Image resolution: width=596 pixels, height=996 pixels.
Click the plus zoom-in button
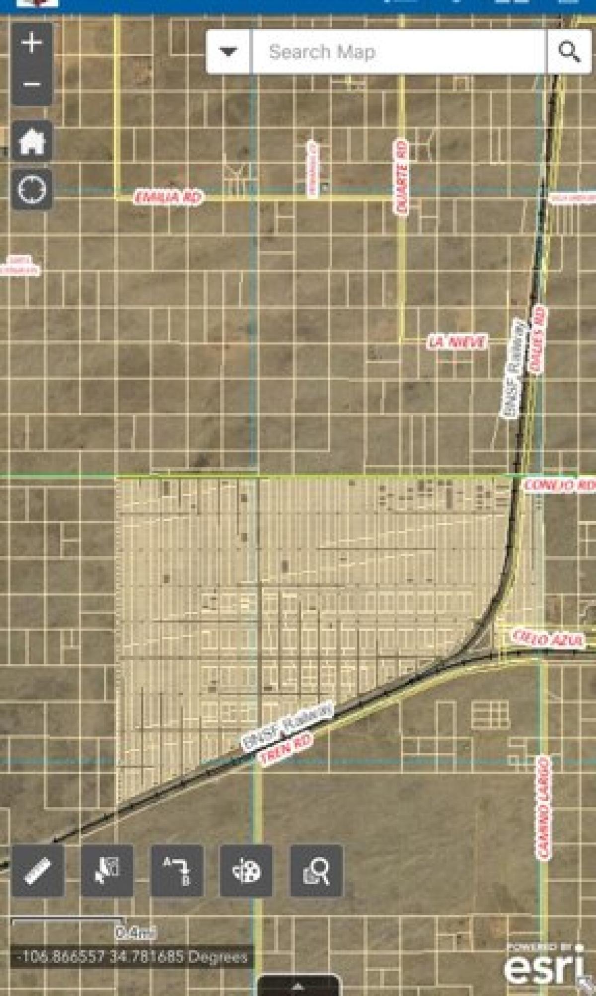[32, 43]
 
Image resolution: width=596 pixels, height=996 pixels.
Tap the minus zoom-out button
[32, 84]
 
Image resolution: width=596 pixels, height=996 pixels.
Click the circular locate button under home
[32, 189]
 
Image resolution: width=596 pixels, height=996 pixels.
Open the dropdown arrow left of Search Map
[228, 52]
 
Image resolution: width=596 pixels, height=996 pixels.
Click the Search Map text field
[397, 52]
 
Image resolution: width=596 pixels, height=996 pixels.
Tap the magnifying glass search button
[569, 52]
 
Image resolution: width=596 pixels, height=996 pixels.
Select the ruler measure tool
[38, 870]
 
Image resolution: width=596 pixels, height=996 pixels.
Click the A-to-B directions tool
[177, 870]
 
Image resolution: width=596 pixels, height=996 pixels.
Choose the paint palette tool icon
[246, 870]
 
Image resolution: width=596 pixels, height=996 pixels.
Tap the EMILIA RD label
[168, 197]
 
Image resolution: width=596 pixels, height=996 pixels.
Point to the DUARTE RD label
[401, 177]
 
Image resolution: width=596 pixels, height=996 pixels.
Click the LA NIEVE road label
[457, 342]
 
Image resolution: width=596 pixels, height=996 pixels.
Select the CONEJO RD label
[559, 485]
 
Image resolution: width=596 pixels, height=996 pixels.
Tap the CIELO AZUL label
[548, 639]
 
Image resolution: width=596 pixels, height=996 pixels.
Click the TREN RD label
[287, 749]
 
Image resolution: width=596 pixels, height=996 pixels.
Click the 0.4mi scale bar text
[136, 933]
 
